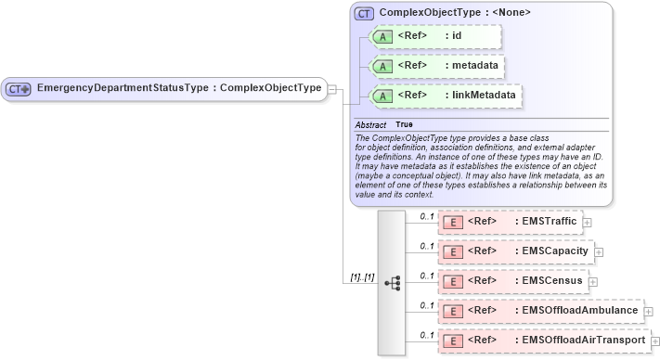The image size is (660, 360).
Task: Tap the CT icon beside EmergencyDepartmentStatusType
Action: (19, 89)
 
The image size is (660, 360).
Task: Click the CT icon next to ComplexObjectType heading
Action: (364, 14)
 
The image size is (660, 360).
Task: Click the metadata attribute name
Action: (474, 66)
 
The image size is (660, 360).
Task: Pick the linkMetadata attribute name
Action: (484, 96)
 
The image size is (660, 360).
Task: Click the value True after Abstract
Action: (405, 124)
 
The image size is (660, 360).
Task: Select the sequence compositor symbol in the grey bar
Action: (392, 282)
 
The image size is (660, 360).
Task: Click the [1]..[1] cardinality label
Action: (362, 277)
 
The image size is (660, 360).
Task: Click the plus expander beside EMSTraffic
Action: (587, 223)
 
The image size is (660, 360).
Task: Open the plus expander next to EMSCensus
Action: (592, 282)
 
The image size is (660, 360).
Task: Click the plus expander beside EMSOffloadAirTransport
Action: (655, 341)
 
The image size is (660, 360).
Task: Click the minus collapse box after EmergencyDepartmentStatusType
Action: (332, 90)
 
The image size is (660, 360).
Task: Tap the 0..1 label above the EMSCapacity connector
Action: (427, 245)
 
